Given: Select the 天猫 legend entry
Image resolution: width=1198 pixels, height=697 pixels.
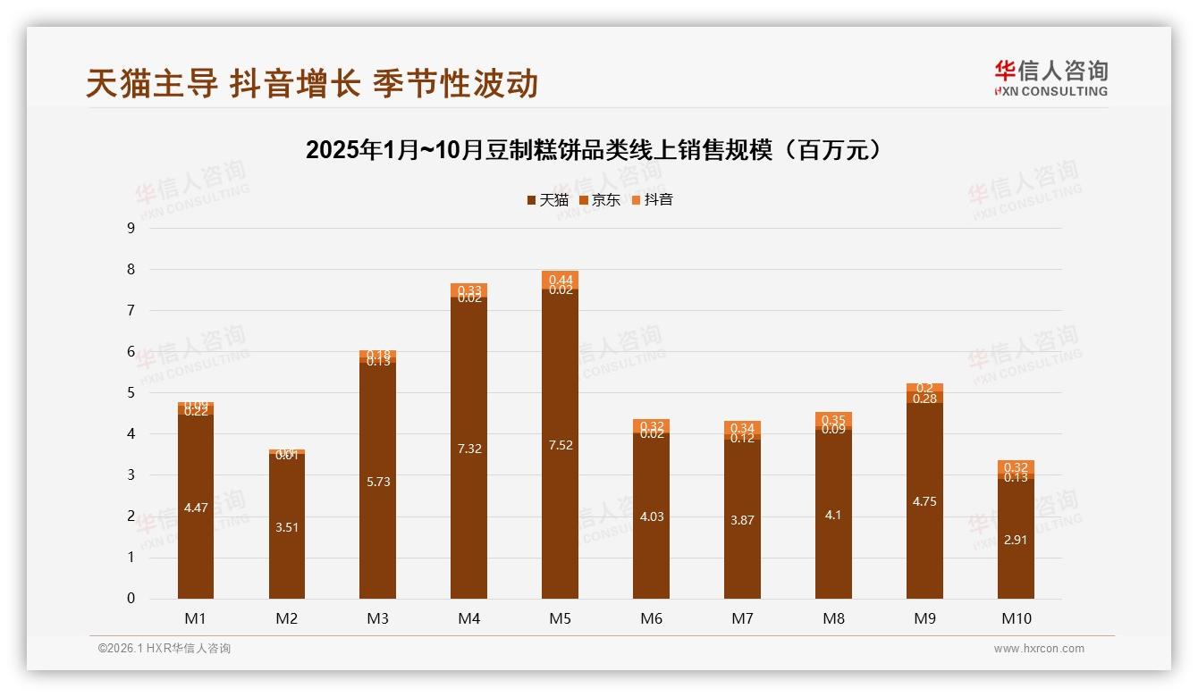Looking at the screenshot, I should click(548, 200).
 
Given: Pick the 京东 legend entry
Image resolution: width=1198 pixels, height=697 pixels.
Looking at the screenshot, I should click(600, 200).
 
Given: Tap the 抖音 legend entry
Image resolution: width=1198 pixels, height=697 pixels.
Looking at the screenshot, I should click(653, 200).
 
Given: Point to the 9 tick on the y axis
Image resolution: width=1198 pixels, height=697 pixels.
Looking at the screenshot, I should click(131, 228).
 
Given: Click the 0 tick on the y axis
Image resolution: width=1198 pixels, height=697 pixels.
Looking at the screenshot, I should click(131, 599).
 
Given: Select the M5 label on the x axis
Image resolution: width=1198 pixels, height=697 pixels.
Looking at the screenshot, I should click(560, 618).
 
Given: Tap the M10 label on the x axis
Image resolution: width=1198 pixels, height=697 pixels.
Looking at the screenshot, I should click(1016, 618).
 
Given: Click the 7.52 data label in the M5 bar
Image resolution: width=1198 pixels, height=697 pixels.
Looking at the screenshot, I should click(561, 445).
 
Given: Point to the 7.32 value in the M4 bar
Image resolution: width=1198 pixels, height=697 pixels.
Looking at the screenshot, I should click(469, 449).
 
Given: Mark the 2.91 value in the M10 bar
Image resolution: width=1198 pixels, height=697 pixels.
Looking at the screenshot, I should click(1016, 540).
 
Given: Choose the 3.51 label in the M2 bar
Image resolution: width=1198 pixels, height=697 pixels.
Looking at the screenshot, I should click(287, 527).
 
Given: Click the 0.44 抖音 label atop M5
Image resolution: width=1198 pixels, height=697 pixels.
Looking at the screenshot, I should click(561, 280).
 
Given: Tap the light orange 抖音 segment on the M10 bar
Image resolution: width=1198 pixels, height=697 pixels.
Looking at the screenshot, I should click(1016, 466).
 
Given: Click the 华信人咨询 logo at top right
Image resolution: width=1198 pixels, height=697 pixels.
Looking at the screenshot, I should click(1050, 78).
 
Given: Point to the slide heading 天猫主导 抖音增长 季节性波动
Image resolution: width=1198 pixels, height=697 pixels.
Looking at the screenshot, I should click(312, 84).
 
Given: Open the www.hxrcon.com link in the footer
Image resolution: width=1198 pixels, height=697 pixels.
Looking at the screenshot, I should click(1039, 649).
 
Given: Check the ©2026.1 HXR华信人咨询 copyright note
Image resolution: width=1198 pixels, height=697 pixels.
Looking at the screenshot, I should click(165, 649).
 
